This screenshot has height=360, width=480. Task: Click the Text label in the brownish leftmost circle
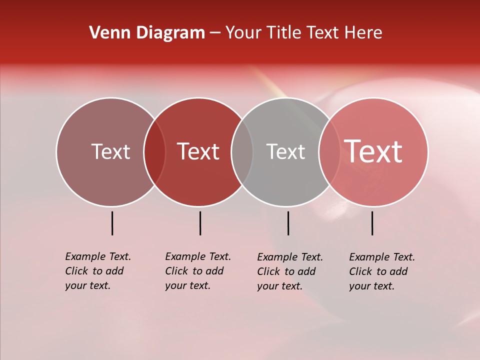110,151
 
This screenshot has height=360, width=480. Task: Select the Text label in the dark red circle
198,151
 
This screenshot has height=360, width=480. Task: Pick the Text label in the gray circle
285,151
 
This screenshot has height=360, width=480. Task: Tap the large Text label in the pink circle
373,151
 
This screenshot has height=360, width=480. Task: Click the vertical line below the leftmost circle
112,223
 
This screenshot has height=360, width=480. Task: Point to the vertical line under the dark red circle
200,223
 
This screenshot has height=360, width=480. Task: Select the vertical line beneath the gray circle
288,223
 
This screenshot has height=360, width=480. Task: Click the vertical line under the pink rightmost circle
372,223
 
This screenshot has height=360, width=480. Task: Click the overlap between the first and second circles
154,152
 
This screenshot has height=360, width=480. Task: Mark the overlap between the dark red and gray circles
242,152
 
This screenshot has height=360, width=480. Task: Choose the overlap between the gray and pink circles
329,152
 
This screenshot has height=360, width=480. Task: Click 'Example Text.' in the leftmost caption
98,256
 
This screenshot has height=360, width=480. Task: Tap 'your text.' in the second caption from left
187,285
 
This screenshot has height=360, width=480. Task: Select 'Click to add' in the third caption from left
286,271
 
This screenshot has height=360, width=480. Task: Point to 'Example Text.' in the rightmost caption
382,257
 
